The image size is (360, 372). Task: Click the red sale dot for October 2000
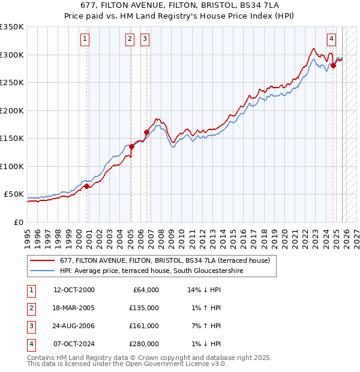(86, 186)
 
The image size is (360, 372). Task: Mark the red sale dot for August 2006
(146, 132)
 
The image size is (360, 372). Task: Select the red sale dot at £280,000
(334, 65)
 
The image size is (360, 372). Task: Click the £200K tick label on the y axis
(12, 110)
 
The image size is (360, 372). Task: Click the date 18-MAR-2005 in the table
(74, 308)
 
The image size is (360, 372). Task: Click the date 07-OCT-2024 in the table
(74, 344)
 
